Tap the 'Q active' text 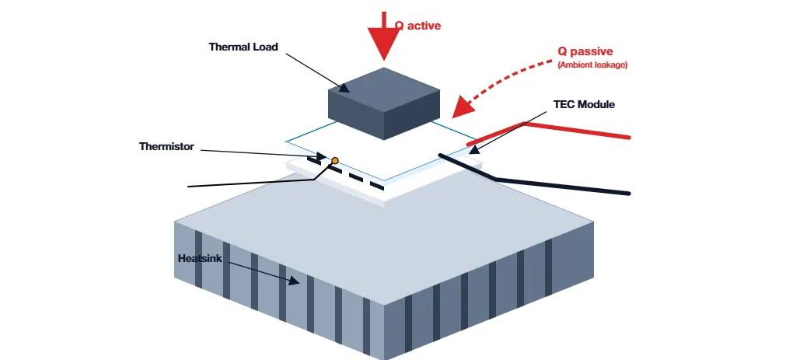coord(417,26)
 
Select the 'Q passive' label coord(585,52)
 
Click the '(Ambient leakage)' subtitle coord(592,65)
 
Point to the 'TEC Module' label coord(584,104)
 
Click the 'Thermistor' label coord(166,146)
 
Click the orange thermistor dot coord(335,161)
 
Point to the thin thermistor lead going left coord(249,183)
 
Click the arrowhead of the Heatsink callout coord(295,281)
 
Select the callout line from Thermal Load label coord(311,70)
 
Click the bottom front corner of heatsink coord(384,358)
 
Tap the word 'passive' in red coord(594,52)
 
